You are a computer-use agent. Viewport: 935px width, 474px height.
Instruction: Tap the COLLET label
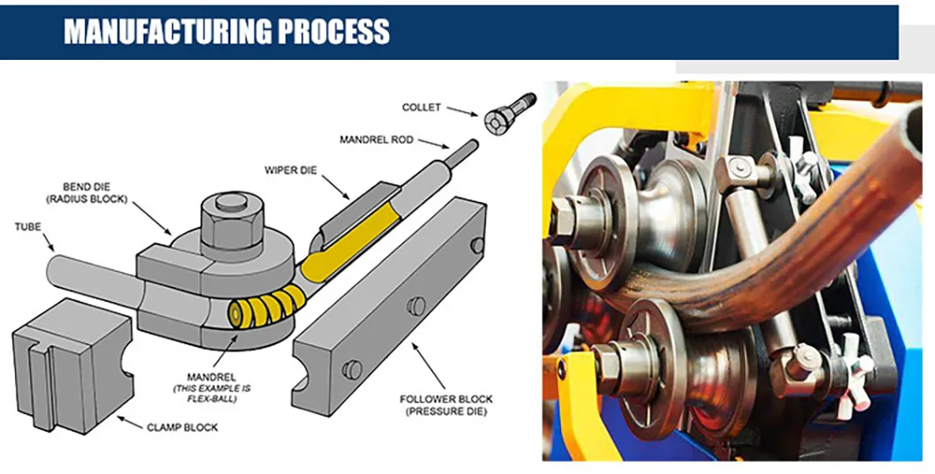pyautogui.click(x=421, y=108)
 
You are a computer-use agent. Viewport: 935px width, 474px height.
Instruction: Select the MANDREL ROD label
pyautogui.click(x=376, y=139)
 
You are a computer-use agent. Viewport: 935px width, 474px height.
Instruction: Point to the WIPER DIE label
pyautogui.click(x=291, y=169)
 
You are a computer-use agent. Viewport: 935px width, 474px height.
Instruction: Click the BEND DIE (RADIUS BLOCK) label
pyautogui.click(x=94, y=193)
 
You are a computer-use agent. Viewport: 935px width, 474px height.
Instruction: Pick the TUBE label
pyautogui.click(x=27, y=226)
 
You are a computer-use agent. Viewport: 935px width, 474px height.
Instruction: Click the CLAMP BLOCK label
pyautogui.click(x=182, y=427)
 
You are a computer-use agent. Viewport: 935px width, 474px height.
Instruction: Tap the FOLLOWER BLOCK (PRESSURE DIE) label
pyautogui.click(x=441, y=405)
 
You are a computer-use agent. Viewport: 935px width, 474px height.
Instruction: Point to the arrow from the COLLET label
pyautogui.click(x=462, y=111)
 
